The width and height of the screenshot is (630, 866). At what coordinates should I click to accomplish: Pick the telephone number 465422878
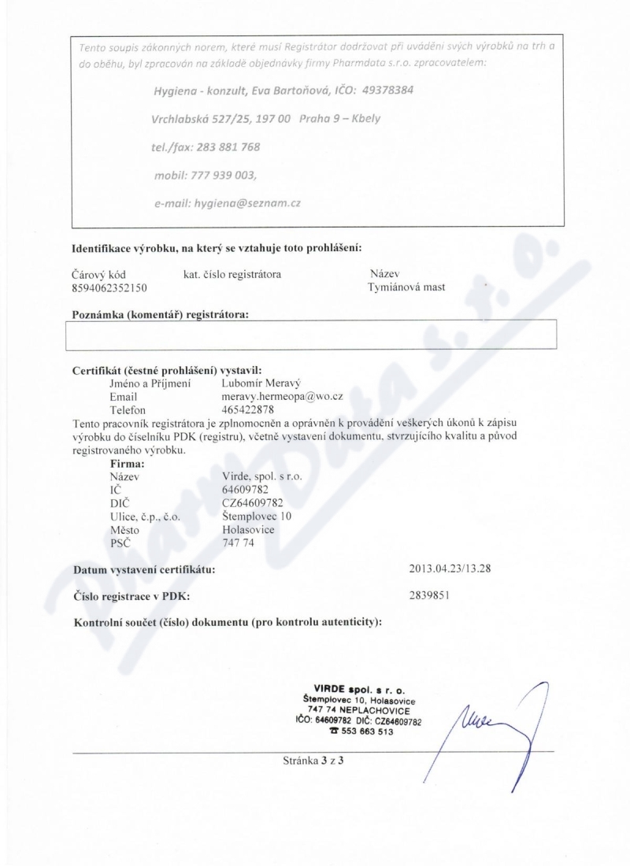click(x=250, y=410)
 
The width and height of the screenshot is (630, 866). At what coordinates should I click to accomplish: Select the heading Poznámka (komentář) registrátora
click(x=160, y=315)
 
